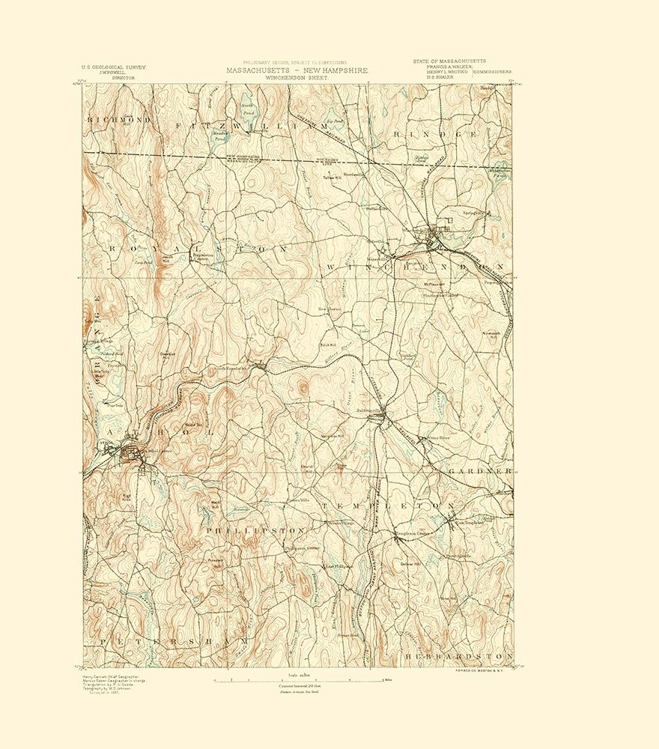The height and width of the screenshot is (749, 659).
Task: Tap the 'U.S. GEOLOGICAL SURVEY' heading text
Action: coord(114,67)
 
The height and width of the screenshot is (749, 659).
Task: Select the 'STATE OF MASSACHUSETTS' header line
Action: coord(449,60)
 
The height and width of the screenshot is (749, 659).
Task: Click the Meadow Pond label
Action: coord(198,137)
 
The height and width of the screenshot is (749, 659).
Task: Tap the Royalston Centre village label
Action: coord(203,256)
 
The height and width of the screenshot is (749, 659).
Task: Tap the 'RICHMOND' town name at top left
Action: coord(119,120)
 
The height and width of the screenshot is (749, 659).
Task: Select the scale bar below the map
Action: coord(300,680)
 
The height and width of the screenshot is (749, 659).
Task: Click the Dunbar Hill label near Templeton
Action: coord(413,563)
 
